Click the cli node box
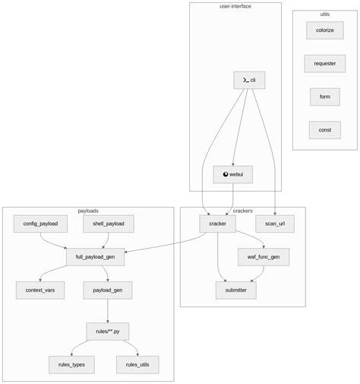coord(249,80)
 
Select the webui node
coord(233,174)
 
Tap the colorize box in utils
coord(324,30)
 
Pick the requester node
coord(324,64)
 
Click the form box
coord(324,97)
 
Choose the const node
coord(324,130)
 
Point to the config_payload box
coord(40,224)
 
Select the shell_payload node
coord(108,224)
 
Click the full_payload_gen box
coord(95,257)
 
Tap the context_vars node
coord(40,290)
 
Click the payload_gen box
coord(107,290)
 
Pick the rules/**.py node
coord(107,332)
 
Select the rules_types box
coord(71,365)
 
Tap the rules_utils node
coord(137,365)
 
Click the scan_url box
coord(275,224)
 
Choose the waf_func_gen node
coord(264,257)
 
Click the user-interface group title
coord(235,6)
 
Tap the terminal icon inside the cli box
coord(245,80)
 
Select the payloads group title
coord(88,211)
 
